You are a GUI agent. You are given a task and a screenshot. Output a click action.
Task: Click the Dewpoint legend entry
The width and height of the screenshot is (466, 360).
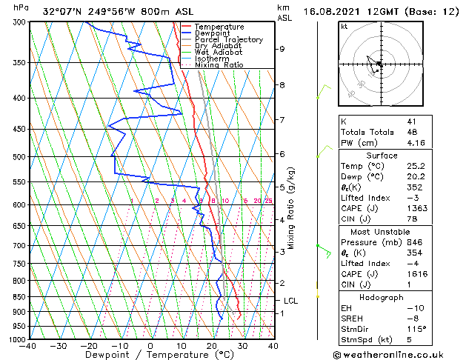[x=211, y=33]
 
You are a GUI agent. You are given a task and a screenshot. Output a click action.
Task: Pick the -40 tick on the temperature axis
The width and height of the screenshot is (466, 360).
[x=28, y=346]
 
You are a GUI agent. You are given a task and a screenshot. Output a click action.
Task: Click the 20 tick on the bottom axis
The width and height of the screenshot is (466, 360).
[x=211, y=346]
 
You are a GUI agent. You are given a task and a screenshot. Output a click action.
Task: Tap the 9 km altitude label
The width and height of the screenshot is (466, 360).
[x=282, y=49]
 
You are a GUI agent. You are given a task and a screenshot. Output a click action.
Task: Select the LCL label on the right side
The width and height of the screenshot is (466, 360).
[x=291, y=301]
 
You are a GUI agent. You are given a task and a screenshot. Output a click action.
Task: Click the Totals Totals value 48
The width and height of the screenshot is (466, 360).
[x=412, y=132]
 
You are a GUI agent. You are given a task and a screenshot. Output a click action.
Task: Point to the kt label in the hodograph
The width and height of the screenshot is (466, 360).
[x=344, y=27]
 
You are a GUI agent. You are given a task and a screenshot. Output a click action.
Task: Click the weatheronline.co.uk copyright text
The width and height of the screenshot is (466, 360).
[x=398, y=355]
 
